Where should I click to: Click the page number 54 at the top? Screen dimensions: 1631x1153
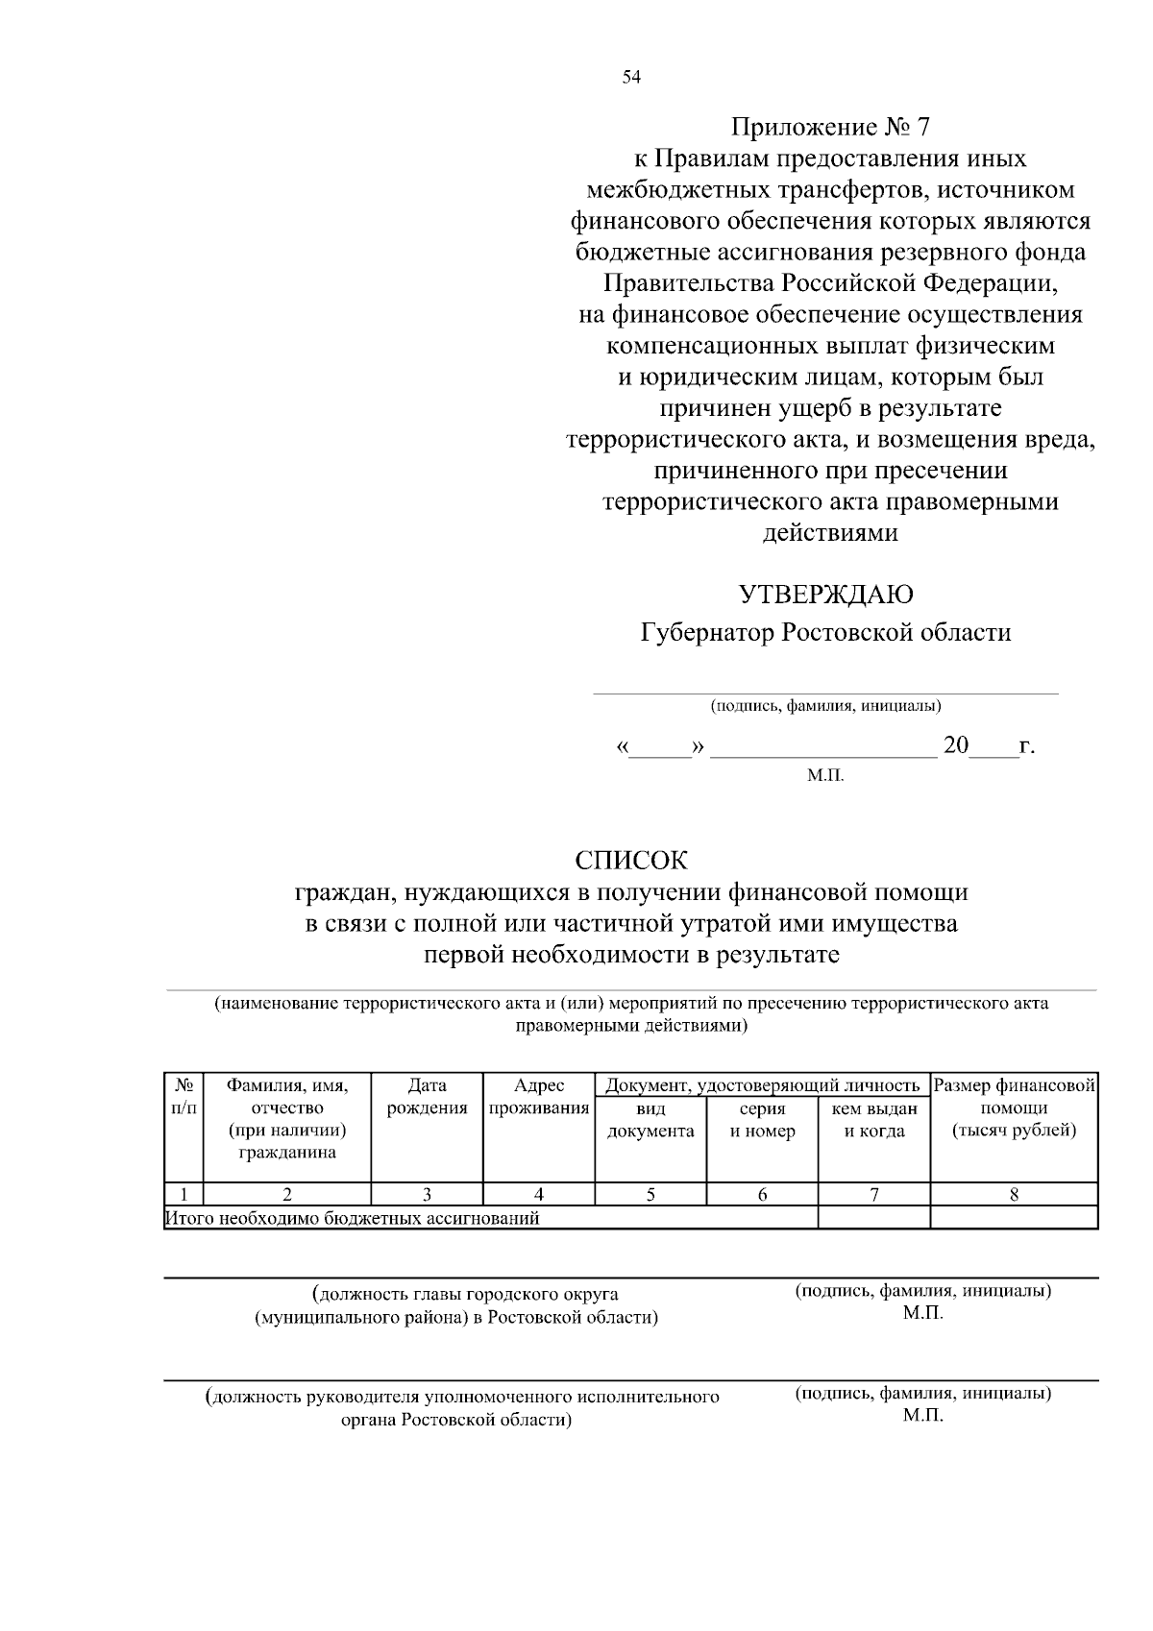coord(631,78)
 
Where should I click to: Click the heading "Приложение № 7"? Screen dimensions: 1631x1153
coord(830,127)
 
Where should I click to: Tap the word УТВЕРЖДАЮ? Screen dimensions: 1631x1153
coord(825,595)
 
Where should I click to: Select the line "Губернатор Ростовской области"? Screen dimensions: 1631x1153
coord(825,633)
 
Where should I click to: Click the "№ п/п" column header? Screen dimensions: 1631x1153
coord(184,1097)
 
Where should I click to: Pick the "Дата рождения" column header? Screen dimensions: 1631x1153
coord(427,1097)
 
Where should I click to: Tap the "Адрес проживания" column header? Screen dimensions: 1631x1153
coord(538,1097)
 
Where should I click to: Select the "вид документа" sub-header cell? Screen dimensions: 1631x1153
coord(650,1120)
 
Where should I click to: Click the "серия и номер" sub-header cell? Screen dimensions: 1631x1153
coord(762,1120)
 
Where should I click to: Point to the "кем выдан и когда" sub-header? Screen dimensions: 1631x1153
coord(873,1120)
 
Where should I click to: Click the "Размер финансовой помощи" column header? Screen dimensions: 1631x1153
coord(1014,1108)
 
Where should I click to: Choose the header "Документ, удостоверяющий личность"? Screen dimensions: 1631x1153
coord(762,1085)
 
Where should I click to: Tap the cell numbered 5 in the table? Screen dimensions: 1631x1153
coord(650,1195)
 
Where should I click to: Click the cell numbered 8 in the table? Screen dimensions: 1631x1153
coord(1014,1195)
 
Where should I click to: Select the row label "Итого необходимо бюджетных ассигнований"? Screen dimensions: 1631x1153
coord(353,1218)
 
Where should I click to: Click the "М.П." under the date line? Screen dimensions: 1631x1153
coord(825,774)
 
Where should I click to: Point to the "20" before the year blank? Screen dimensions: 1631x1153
coord(956,745)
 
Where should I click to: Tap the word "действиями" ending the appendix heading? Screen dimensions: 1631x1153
coord(830,533)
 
